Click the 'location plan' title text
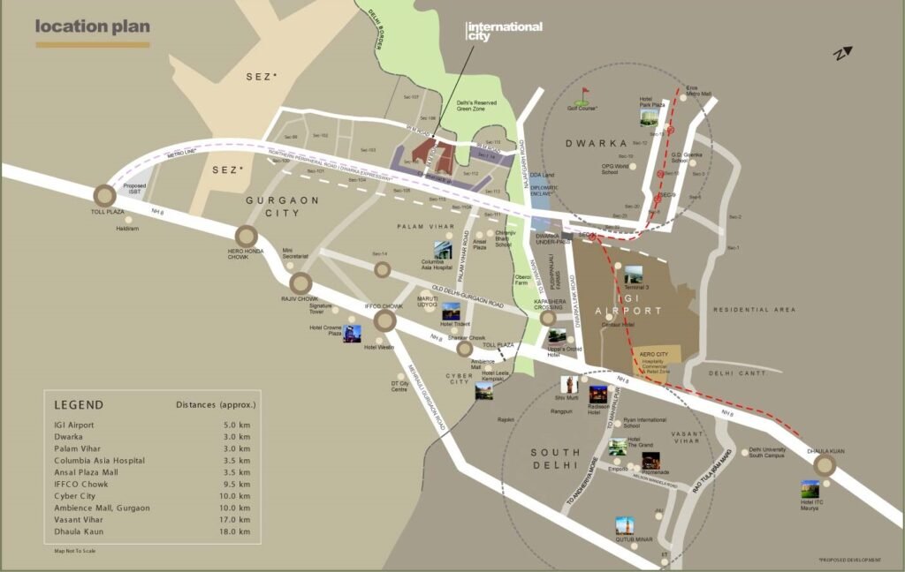pyautogui.click(x=93, y=26)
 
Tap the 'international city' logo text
pyautogui.click(x=504, y=31)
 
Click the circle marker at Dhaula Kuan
pyautogui.click(x=825, y=466)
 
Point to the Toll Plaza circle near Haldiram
pyautogui.click(x=105, y=196)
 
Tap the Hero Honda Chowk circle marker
pyautogui.click(x=246, y=236)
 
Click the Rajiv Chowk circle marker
pyautogui.click(x=300, y=283)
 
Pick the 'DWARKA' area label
pyautogui.click(x=599, y=143)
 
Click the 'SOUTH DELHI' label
pyautogui.click(x=555, y=459)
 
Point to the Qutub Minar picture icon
pyautogui.click(x=625, y=526)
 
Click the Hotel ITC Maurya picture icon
pyautogui.click(x=810, y=488)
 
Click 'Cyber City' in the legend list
pyautogui.click(x=76, y=496)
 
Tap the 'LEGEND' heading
pyautogui.click(x=79, y=405)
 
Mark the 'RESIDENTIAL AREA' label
pyautogui.click(x=754, y=310)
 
